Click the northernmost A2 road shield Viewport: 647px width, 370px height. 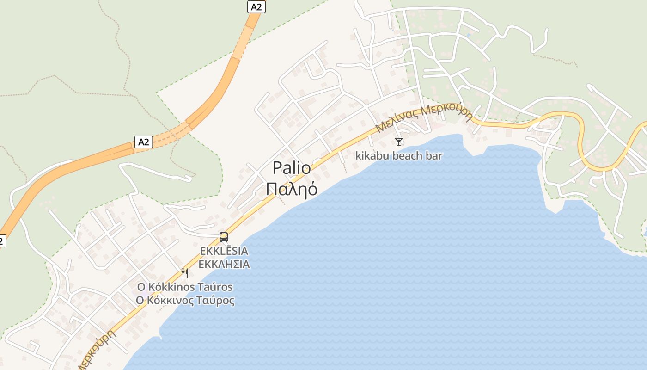[256, 7]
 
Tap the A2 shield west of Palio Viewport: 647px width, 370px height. [144, 142]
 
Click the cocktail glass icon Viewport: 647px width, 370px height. [399, 142]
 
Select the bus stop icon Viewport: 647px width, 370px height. [224, 237]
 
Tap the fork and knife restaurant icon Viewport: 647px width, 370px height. [185, 273]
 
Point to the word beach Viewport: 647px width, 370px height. [407, 155]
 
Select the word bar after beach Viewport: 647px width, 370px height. [434, 155]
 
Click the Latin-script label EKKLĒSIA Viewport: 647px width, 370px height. [224, 251]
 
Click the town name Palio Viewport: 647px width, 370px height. [292, 167]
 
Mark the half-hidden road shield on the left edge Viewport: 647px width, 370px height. [2, 240]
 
